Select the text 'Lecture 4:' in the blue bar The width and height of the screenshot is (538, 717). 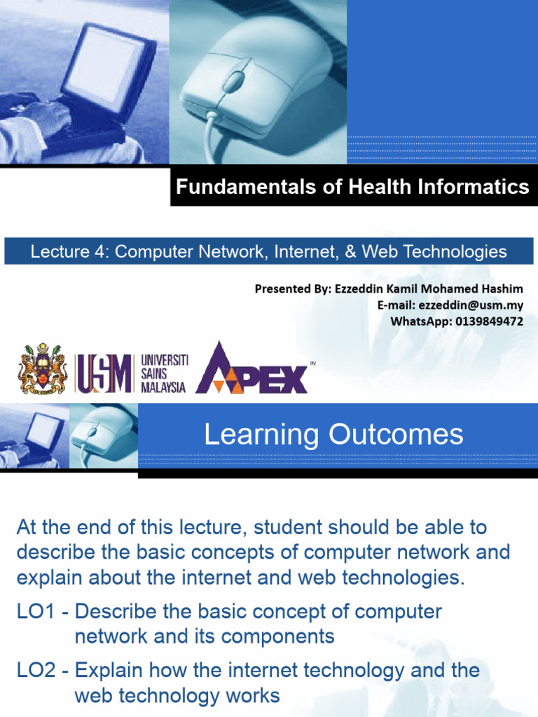click(x=70, y=251)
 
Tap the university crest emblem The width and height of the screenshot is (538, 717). click(x=43, y=369)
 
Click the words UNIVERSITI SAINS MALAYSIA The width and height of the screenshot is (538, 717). click(x=164, y=373)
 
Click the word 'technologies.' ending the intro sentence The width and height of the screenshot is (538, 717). click(x=396, y=578)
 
